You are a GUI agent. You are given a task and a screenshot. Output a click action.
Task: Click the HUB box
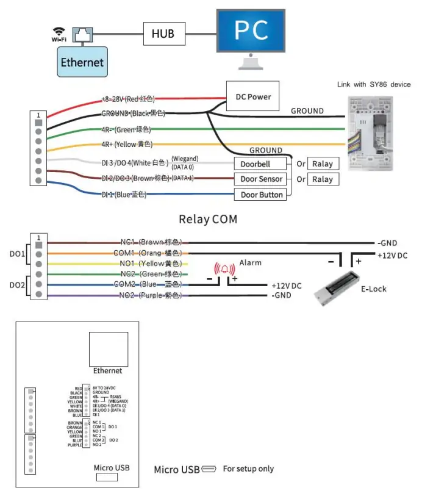click(163, 34)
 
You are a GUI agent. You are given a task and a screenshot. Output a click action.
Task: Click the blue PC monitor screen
click(251, 31)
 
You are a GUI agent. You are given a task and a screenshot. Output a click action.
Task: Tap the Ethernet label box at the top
click(82, 62)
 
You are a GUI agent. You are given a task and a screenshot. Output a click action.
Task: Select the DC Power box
click(252, 96)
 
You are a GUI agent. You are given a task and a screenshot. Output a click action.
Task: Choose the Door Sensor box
click(260, 179)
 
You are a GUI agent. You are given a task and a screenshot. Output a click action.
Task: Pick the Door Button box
click(260, 195)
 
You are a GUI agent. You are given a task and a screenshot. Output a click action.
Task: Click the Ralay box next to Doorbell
click(323, 164)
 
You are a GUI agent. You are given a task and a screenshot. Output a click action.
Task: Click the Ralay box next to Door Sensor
click(323, 179)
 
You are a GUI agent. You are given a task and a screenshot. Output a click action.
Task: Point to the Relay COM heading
click(207, 218)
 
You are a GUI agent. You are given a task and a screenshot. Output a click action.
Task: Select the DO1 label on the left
click(16, 253)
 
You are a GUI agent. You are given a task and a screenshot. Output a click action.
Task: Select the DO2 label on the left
click(16, 284)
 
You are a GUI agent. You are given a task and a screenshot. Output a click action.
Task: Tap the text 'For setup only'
click(248, 469)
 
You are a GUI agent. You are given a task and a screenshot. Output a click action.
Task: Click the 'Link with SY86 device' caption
click(374, 84)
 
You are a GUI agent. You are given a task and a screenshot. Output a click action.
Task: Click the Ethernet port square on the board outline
click(108, 348)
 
